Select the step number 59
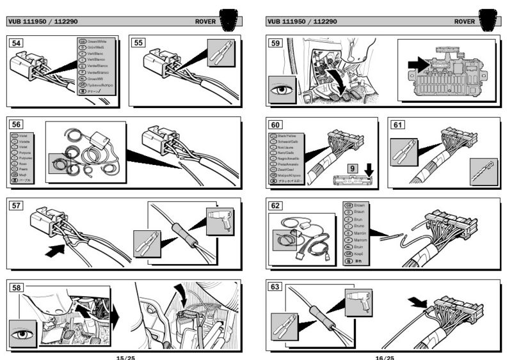pyautogui.click(x=276, y=43)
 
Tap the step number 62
pyautogui.click(x=276, y=205)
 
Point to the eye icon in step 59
pyautogui.click(x=281, y=90)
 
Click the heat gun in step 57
pyautogui.click(x=220, y=219)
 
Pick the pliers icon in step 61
pyautogui.click(x=404, y=150)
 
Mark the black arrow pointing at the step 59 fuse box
pyautogui.click(x=418, y=64)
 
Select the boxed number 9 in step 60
pyautogui.click(x=353, y=169)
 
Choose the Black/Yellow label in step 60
pyautogui.click(x=289, y=136)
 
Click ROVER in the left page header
pyautogui.click(x=207, y=22)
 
